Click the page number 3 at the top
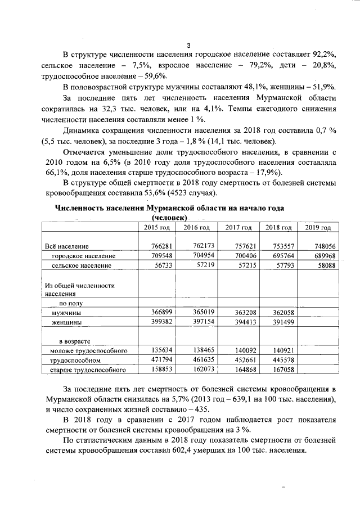[x=189, y=46]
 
